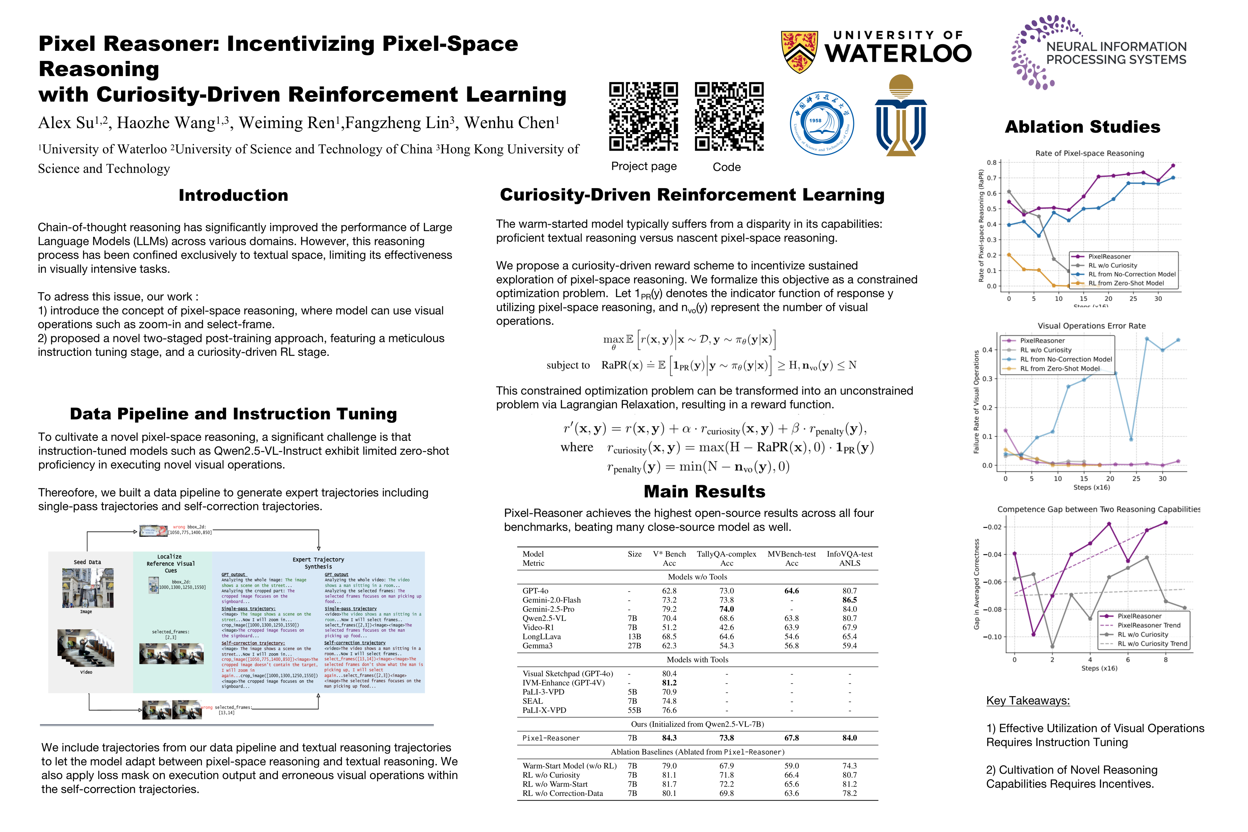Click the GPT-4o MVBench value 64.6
[x=791, y=590]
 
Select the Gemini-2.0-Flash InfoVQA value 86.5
[x=850, y=600]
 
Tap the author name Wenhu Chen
[x=512, y=123]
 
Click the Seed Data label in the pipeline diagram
[x=87, y=562]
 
